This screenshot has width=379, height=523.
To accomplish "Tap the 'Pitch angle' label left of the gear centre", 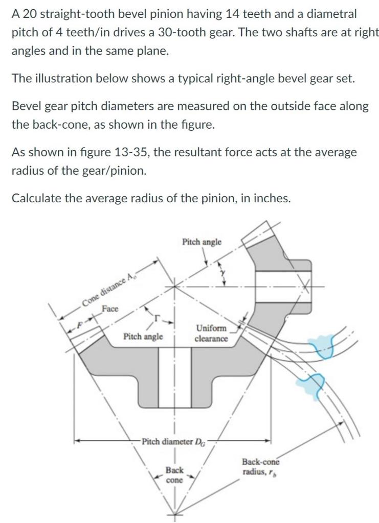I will click(143, 337).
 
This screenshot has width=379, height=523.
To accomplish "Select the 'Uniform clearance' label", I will click(211, 333).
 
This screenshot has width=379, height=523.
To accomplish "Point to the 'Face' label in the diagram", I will click(109, 308).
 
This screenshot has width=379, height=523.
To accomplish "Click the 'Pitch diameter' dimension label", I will click(174, 440).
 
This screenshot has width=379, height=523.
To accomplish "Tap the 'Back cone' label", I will click(174, 474).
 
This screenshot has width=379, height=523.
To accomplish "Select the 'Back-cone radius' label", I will click(261, 466).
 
